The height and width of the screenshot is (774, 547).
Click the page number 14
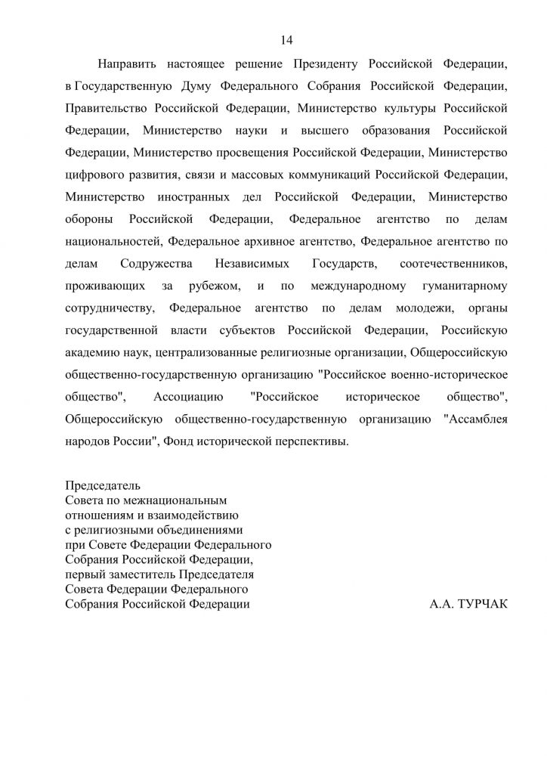(286, 40)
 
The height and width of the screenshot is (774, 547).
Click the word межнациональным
(175, 500)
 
